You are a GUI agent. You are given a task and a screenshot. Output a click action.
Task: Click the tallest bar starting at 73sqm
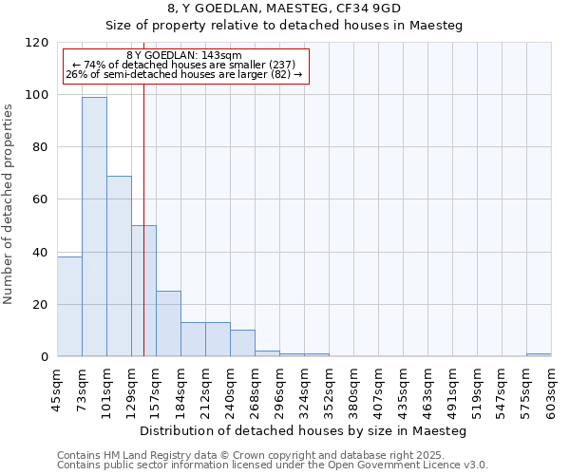click(x=94, y=226)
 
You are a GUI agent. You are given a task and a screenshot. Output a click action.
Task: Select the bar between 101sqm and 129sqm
click(x=119, y=266)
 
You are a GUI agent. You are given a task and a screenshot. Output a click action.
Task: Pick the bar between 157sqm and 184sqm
click(x=168, y=323)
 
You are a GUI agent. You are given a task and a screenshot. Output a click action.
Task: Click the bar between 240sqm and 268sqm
click(x=242, y=343)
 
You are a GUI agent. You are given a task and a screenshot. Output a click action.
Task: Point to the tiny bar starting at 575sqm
click(x=539, y=355)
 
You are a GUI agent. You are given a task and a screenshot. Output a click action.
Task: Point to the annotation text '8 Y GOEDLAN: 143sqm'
click(x=184, y=55)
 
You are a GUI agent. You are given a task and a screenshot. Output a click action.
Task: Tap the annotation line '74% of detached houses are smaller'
click(x=184, y=65)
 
